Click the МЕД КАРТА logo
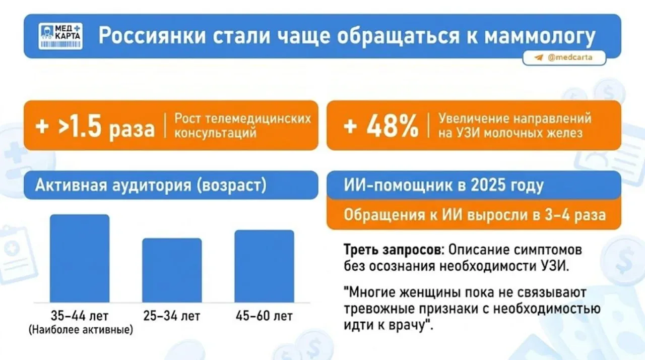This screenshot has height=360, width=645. (x=60, y=36)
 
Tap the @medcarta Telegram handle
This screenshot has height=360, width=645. (x=570, y=57)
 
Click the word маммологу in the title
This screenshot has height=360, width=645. (x=540, y=36)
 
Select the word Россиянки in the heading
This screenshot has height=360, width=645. (x=152, y=35)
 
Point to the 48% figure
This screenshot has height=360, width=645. (x=392, y=126)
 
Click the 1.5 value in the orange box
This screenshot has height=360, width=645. (x=85, y=126)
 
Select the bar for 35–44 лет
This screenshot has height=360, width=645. (x=80, y=258)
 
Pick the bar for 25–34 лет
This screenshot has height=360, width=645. (x=172, y=270)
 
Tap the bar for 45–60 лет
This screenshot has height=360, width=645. (x=265, y=266)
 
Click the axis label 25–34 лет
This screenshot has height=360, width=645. (x=172, y=316)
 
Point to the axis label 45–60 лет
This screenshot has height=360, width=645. (x=264, y=316)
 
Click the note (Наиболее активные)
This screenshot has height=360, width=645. (x=81, y=329)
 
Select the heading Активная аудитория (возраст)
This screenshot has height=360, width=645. (x=151, y=185)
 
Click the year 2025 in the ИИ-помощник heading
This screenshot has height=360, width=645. (x=488, y=185)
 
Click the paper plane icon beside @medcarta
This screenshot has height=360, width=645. (x=539, y=57)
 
